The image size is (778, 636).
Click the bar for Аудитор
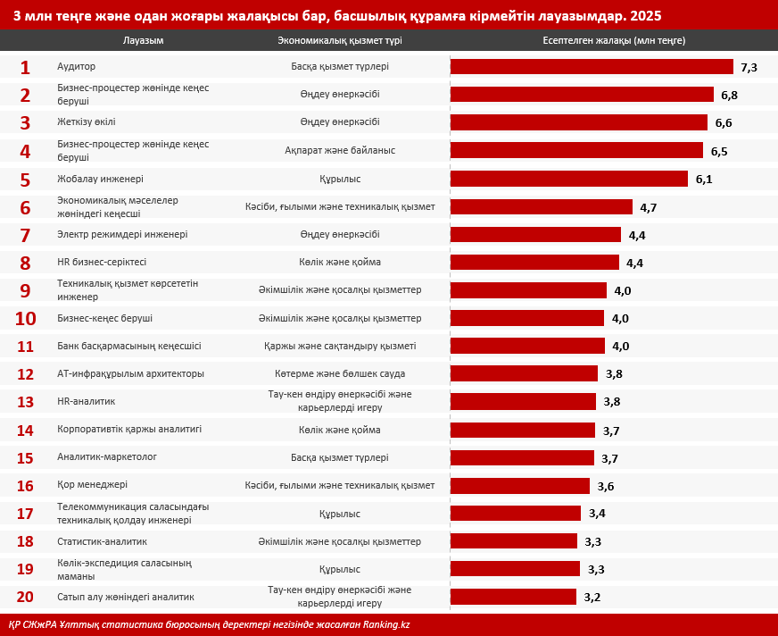592,67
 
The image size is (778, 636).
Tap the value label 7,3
749,68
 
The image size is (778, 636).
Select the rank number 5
25,180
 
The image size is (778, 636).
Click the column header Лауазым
143,41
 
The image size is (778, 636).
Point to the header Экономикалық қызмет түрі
340,41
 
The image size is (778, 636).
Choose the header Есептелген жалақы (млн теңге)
614,41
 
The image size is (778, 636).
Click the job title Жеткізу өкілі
86,122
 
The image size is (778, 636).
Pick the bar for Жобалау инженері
569,179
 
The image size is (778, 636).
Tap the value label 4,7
649,207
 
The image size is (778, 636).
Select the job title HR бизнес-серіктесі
102,263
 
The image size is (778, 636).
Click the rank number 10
25,319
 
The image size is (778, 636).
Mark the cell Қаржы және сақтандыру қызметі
340,346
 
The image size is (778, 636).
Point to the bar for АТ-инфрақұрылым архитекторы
524,373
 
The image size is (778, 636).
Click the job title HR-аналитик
86,401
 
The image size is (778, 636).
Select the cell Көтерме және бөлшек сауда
340,373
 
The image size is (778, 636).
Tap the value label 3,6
606,486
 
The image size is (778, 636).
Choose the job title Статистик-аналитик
102,541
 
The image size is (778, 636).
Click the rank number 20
25,597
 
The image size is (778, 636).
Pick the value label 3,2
592,598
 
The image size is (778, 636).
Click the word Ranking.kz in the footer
386,624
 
